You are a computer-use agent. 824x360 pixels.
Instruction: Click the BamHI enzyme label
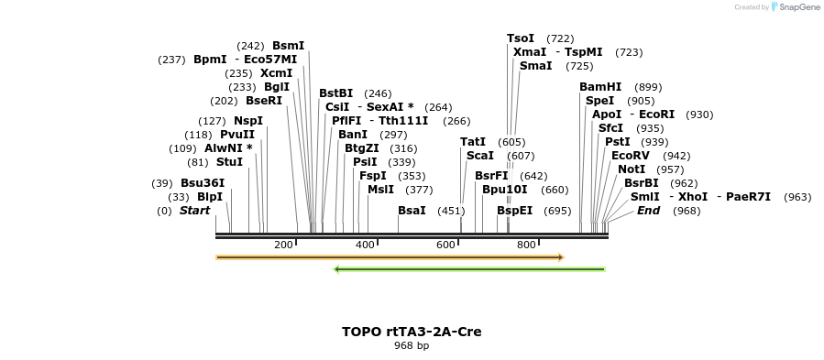(599, 87)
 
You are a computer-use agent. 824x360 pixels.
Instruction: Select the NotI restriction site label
(631, 169)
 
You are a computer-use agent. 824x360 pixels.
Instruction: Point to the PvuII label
(237, 135)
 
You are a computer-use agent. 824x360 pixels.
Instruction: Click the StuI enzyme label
(229, 162)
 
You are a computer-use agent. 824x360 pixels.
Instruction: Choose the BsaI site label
(412, 211)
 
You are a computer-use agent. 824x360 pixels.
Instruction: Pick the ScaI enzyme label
(479, 156)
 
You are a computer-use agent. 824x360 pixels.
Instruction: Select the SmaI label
(535, 66)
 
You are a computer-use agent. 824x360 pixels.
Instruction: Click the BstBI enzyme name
(335, 93)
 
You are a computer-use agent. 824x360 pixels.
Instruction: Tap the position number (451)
(451, 211)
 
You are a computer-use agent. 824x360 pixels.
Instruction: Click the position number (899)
(647, 87)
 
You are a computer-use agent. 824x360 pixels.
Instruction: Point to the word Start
(194, 211)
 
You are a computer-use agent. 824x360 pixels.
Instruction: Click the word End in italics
(648, 211)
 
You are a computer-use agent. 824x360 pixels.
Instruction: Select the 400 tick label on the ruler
(365, 245)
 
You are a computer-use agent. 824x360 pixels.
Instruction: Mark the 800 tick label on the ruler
(526, 245)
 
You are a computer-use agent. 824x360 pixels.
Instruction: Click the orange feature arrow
(390, 257)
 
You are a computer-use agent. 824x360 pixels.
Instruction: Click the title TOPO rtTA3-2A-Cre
(412, 332)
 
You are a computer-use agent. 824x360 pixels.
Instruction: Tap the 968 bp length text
(412, 346)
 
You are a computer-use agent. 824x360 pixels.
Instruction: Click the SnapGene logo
(795, 7)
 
